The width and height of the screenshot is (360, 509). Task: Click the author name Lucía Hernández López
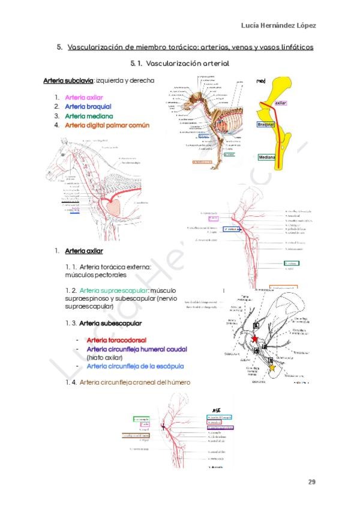click(278, 25)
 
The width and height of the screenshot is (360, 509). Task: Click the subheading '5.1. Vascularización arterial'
click(179, 62)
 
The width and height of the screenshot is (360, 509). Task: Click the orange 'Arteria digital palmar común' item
click(107, 125)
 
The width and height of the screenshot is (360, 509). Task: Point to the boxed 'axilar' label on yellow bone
click(281, 103)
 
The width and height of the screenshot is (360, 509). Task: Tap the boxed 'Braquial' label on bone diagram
click(265, 124)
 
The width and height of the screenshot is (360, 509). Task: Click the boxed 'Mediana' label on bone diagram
click(266, 157)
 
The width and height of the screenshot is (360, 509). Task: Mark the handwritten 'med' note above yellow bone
click(261, 81)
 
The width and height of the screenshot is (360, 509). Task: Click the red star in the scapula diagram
click(256, 340)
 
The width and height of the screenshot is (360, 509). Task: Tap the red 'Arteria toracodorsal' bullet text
click(116, 340)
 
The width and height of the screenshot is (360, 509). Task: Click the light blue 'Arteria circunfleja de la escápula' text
click(135, 366)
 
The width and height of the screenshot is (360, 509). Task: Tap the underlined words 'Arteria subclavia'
click(68, 80)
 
